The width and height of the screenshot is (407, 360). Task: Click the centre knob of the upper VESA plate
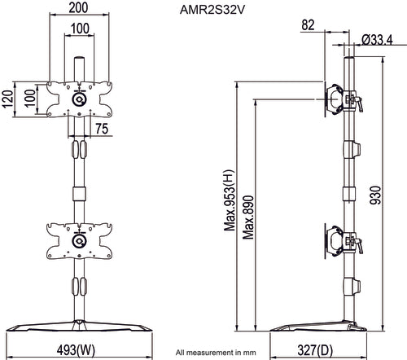79,99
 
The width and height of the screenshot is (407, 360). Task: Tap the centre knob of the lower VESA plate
79,240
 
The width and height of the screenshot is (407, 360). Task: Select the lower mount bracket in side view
343,242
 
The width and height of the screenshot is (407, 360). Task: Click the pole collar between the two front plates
79,195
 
